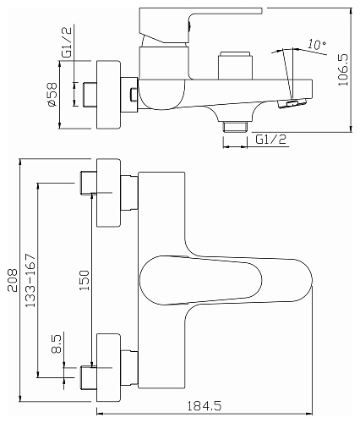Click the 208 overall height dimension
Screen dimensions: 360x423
[13, 280]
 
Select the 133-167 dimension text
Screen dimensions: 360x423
[31, 280]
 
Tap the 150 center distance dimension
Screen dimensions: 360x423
[85, 280]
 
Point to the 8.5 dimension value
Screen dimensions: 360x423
[57, 343]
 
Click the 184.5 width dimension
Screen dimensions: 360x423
[205, 406]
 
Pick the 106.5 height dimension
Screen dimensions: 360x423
[343, 70]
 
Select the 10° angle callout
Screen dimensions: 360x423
[317, 44]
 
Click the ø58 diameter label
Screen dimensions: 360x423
[52, 94]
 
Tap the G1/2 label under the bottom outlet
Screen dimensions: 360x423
[271, 139]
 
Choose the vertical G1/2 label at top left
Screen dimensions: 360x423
[68, 41]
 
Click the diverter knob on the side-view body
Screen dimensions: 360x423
[235, 65]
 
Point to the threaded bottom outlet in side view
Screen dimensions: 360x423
[235, 127]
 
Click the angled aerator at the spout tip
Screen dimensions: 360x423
[292, 103]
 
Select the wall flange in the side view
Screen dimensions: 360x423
[108, 95]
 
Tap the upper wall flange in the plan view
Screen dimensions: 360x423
[108, 193]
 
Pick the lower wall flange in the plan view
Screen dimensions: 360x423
[108, 368]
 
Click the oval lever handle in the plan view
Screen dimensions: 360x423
[201, 280]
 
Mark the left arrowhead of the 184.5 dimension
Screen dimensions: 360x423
[99, 415]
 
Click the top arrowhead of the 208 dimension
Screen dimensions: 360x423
[20, 162]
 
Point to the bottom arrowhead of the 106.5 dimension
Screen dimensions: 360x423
[351, 129]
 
